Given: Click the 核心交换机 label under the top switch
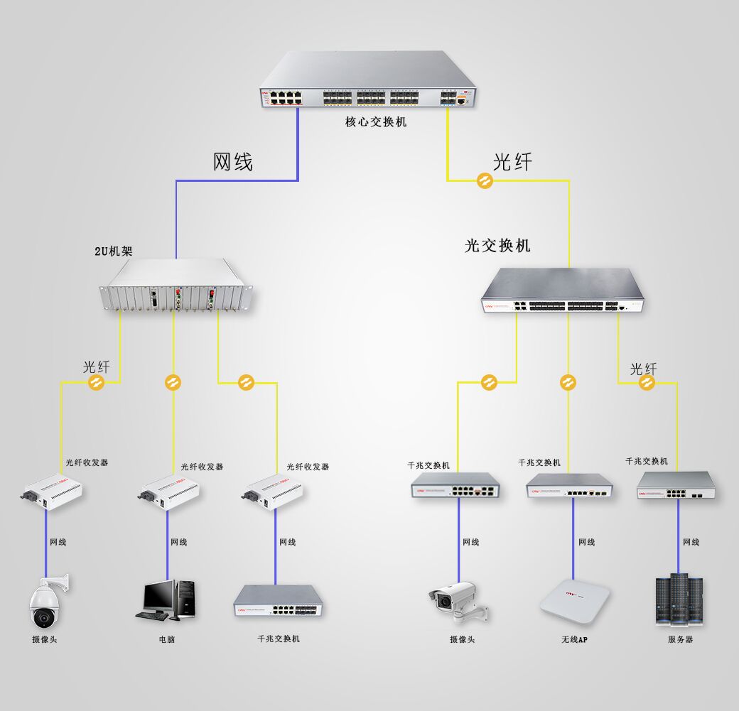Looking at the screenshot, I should point(376,121).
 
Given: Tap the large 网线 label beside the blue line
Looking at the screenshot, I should point(232,162).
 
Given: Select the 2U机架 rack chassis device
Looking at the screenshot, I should point(177,286).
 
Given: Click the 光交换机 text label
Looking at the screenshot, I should point(497,246).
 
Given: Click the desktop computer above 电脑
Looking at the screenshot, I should point(166,601).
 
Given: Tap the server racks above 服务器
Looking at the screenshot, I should point(679,600).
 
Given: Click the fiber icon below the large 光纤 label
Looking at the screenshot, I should point(484,181).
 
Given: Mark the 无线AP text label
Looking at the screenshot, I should point(574,640).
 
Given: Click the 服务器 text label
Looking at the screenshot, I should point(680,639).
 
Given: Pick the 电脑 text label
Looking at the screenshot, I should point(166,639).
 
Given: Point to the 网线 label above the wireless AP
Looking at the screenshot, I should point(586,542).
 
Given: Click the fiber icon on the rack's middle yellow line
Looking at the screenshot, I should point(173,383).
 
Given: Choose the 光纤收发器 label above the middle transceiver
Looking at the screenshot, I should point(202,467).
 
